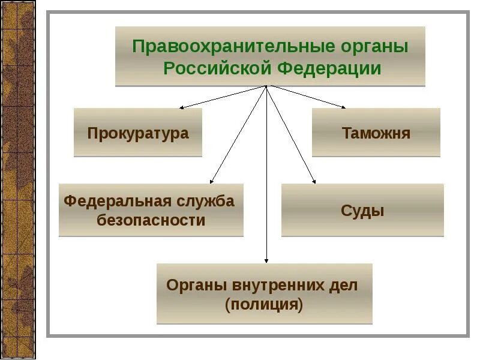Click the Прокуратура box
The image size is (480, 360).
click(x=138, y=133)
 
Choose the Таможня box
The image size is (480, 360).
click(x=376, y=133)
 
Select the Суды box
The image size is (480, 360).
click(x=362, y=211)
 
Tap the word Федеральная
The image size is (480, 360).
click(x=115, y=200)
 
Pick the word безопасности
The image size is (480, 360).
click(x=151, y=220)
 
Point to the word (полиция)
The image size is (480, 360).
click(x=264, y=305)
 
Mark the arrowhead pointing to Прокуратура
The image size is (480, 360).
click(x=181, y=108)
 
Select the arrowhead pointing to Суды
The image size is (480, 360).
click(x=313, y=181)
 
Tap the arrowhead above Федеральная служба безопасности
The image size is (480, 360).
click(x=212, y=181)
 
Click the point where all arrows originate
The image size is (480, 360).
click(x=266, y=86)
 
